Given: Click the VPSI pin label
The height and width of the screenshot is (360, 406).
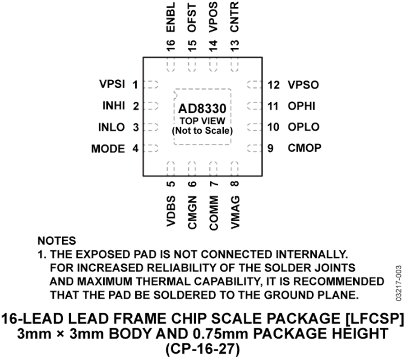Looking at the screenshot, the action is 112,84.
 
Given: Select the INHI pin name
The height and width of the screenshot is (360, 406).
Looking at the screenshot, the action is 114,105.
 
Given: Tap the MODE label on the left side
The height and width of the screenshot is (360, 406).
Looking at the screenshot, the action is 108,149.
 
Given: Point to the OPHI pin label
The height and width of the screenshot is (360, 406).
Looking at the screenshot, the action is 302,106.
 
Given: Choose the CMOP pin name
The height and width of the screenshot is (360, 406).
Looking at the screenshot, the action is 304,148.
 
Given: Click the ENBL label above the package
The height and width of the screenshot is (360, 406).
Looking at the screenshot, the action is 171,17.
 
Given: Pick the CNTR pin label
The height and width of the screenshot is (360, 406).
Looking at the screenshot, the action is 234,17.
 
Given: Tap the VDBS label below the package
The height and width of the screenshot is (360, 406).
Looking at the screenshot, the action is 171,211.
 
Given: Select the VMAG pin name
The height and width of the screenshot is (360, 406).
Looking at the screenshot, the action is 235,212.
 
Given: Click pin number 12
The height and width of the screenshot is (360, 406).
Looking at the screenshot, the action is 274,85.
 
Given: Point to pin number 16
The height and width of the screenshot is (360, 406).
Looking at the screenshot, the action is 171,46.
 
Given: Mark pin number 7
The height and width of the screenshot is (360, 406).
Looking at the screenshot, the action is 214,184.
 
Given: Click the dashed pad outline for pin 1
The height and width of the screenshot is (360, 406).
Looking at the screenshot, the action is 151,85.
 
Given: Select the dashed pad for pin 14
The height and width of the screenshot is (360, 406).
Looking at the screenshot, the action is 213,65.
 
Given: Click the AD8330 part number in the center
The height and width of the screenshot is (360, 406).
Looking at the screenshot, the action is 202,109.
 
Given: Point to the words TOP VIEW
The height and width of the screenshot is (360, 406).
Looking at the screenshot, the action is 203,121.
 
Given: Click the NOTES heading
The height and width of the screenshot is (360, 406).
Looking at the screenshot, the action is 57,241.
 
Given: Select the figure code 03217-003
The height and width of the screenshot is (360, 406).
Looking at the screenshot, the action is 398,283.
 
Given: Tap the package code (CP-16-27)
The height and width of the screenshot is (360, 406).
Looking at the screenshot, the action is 203,349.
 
